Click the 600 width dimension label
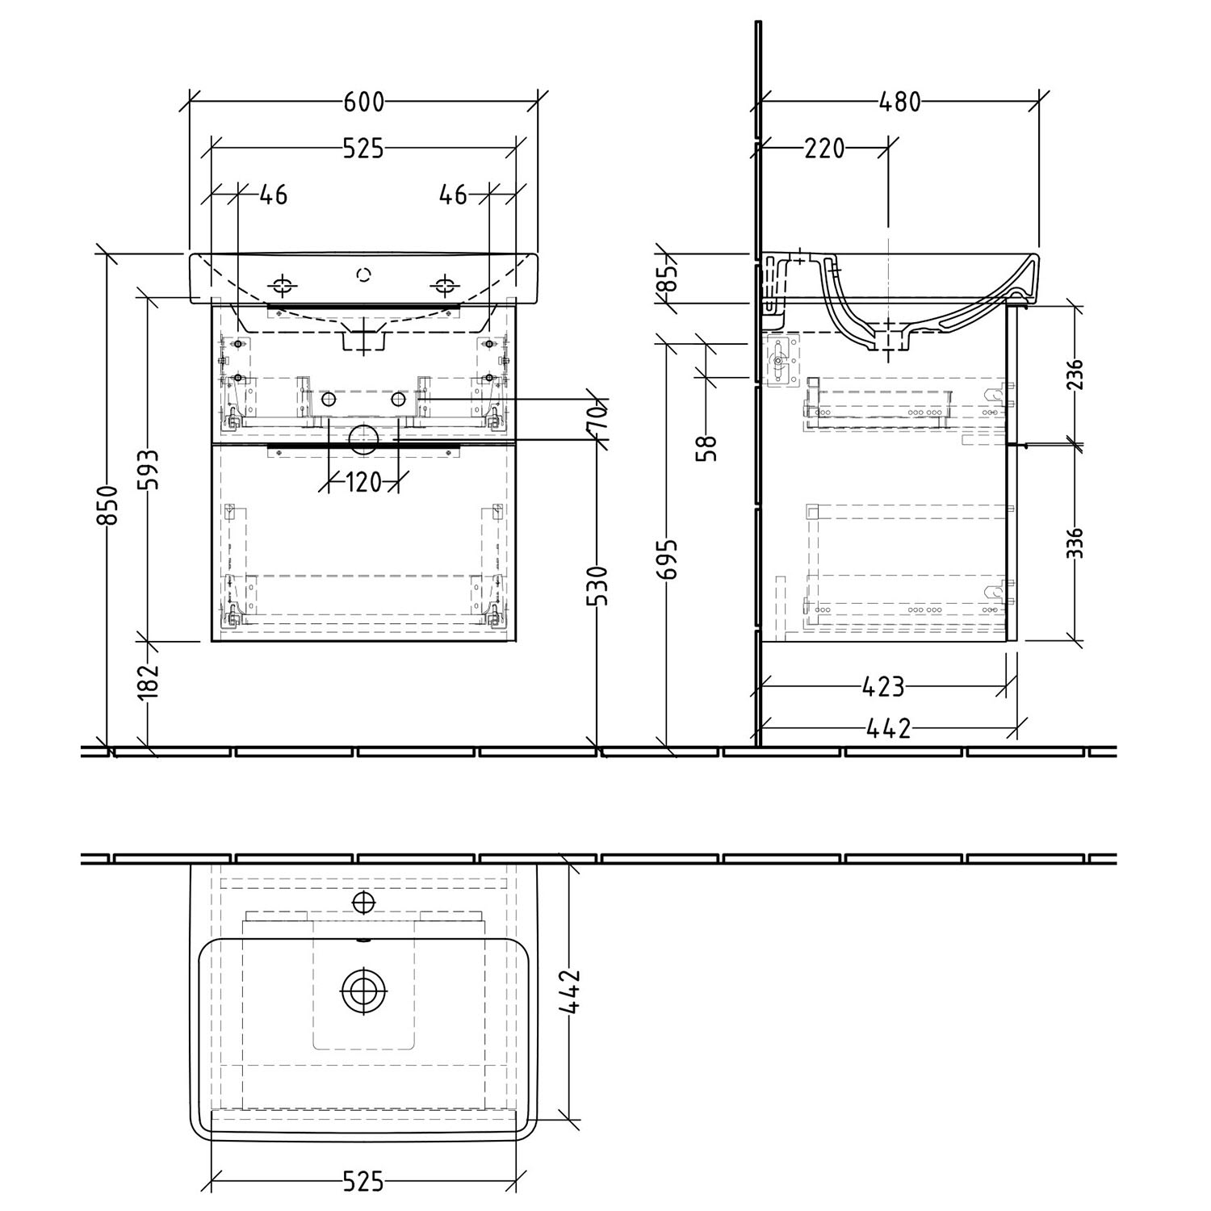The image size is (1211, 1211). point(364,103)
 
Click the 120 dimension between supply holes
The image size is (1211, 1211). point(363,483)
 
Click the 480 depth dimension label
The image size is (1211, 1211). point(899,103)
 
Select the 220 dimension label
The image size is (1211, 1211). point(823,149)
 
